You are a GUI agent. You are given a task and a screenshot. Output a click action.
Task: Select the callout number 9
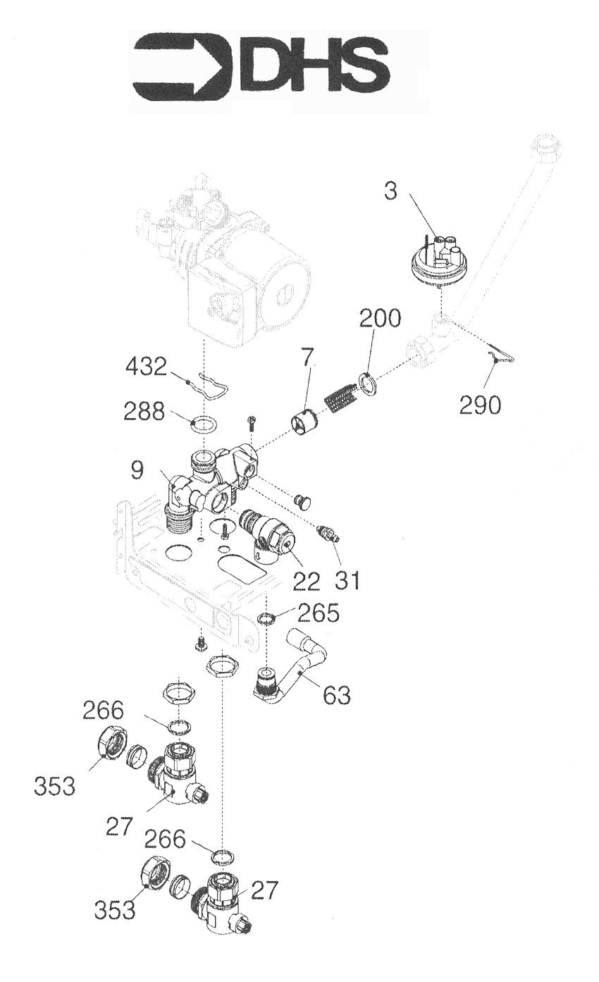click(x=137, y=470)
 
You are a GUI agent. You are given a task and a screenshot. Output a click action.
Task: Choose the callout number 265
click(x=318, y=613)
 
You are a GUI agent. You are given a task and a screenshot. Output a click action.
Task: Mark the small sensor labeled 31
click(x=328, y=534)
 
